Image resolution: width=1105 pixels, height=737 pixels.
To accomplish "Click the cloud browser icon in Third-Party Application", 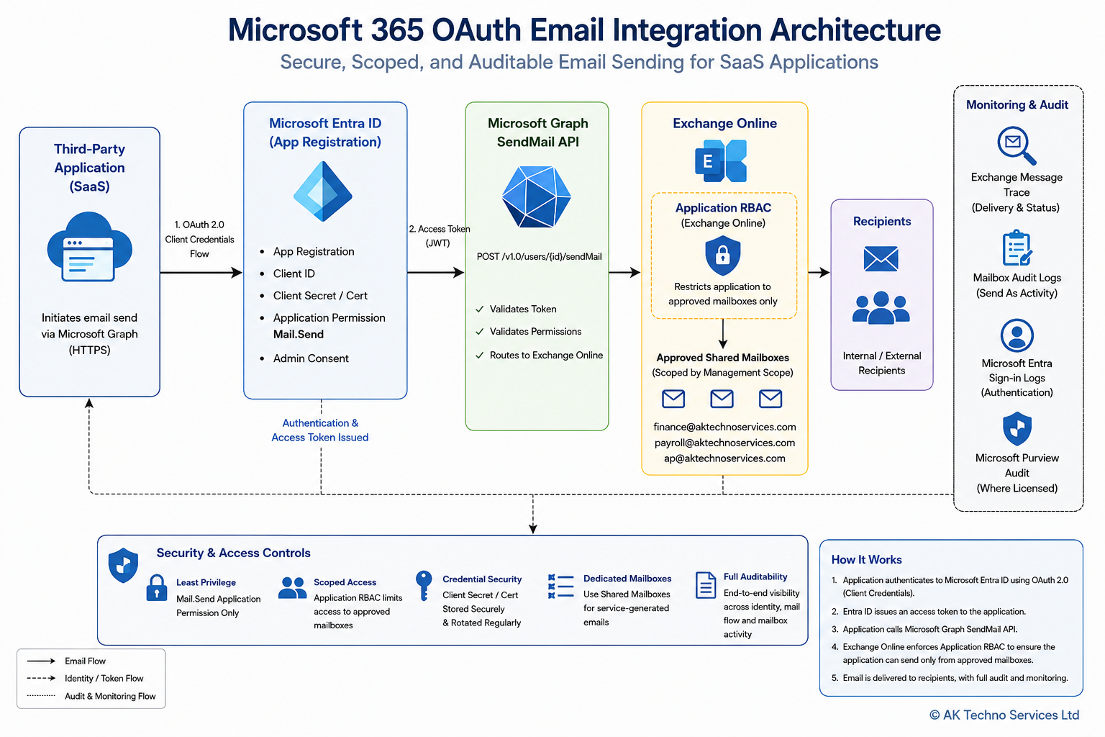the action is pos(89,247).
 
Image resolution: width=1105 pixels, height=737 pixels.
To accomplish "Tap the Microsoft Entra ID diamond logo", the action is pos(322,191).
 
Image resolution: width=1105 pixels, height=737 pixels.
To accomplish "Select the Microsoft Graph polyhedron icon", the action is pos(536,196).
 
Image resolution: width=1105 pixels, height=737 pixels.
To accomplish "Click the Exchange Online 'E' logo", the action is pos(721,161).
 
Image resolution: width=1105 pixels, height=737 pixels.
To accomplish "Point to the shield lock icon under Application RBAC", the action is pos(723,256).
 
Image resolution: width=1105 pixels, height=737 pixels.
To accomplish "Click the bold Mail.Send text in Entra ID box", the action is pos(299,334).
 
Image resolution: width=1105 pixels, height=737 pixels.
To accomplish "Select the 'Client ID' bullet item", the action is pos(294,273).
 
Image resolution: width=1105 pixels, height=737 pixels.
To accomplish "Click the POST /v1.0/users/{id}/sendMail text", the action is pos(539,257).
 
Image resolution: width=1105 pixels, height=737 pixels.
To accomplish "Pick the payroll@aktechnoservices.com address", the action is pos(724,443).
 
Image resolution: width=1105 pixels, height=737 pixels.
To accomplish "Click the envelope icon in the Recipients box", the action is pos(881,258).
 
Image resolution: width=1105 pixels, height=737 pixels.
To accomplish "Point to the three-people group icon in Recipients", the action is pos(881,307).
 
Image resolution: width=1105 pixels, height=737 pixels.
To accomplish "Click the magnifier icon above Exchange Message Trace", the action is pos(1017,145).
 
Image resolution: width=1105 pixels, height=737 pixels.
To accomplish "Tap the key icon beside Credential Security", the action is pos(424,586).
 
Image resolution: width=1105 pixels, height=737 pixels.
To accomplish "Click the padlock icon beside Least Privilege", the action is pos(157,587).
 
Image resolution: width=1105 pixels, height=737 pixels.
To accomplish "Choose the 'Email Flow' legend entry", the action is pos(86,661).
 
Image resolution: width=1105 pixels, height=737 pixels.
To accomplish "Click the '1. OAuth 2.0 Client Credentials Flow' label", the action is pos(199,239).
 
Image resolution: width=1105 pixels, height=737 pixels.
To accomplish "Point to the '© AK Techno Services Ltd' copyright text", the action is pos(1004,715).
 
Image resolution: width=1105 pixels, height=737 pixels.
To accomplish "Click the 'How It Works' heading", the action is pos(867,560).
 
